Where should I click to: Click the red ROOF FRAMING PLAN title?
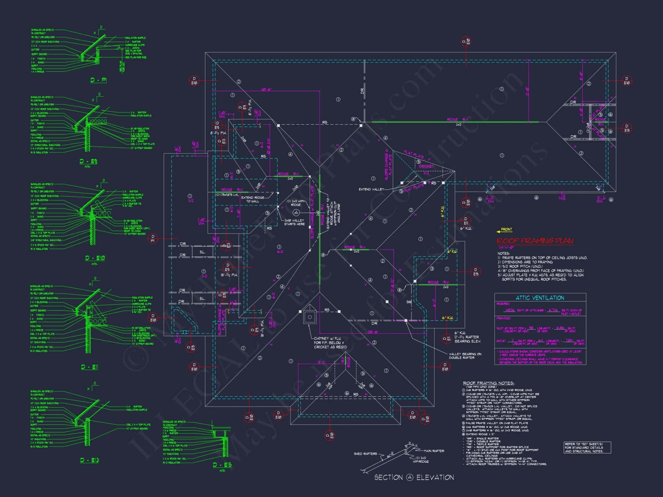[x=535, y=241]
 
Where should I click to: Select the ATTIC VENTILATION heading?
[x=540, y=298]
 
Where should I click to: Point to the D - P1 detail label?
[x=98, y=80]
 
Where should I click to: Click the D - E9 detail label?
[x=88, y=161]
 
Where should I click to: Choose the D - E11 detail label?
[x=90, y=367]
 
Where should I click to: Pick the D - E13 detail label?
[x=90, y=460]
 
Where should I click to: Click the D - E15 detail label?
[x=222, y=465]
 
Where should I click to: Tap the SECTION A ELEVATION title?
[x=414, y=477]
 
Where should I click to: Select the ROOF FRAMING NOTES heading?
[x=488, y=383]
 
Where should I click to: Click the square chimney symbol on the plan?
[x=310, y=317]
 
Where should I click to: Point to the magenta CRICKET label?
[x=426, y=166]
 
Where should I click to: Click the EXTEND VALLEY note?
[x=371, y=190]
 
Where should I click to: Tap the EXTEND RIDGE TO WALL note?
[x=253, y=199]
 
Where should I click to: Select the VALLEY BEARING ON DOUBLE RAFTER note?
[x=465, y=356]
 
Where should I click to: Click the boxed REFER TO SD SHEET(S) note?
[x=587, y=448]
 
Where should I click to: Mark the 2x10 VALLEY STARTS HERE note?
[x=294, y=222]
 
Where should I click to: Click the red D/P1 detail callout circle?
[x=152, y=239]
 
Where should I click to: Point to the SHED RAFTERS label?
[x=365, y=454]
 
